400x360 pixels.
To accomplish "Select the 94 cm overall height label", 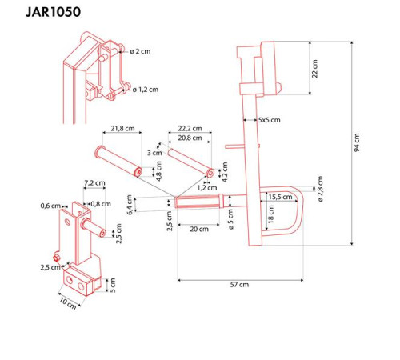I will pyautogui.click(x=358, y=143).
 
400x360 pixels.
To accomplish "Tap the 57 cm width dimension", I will pyautogui.click(x=238, y=285).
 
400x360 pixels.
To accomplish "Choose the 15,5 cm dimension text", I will pyautogui.click(x=280, y=197).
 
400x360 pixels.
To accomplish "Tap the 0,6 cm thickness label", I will pyautogui.click(x=50, y=206).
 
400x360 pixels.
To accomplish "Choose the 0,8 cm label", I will pyautogui.click(x=100, y=203).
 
